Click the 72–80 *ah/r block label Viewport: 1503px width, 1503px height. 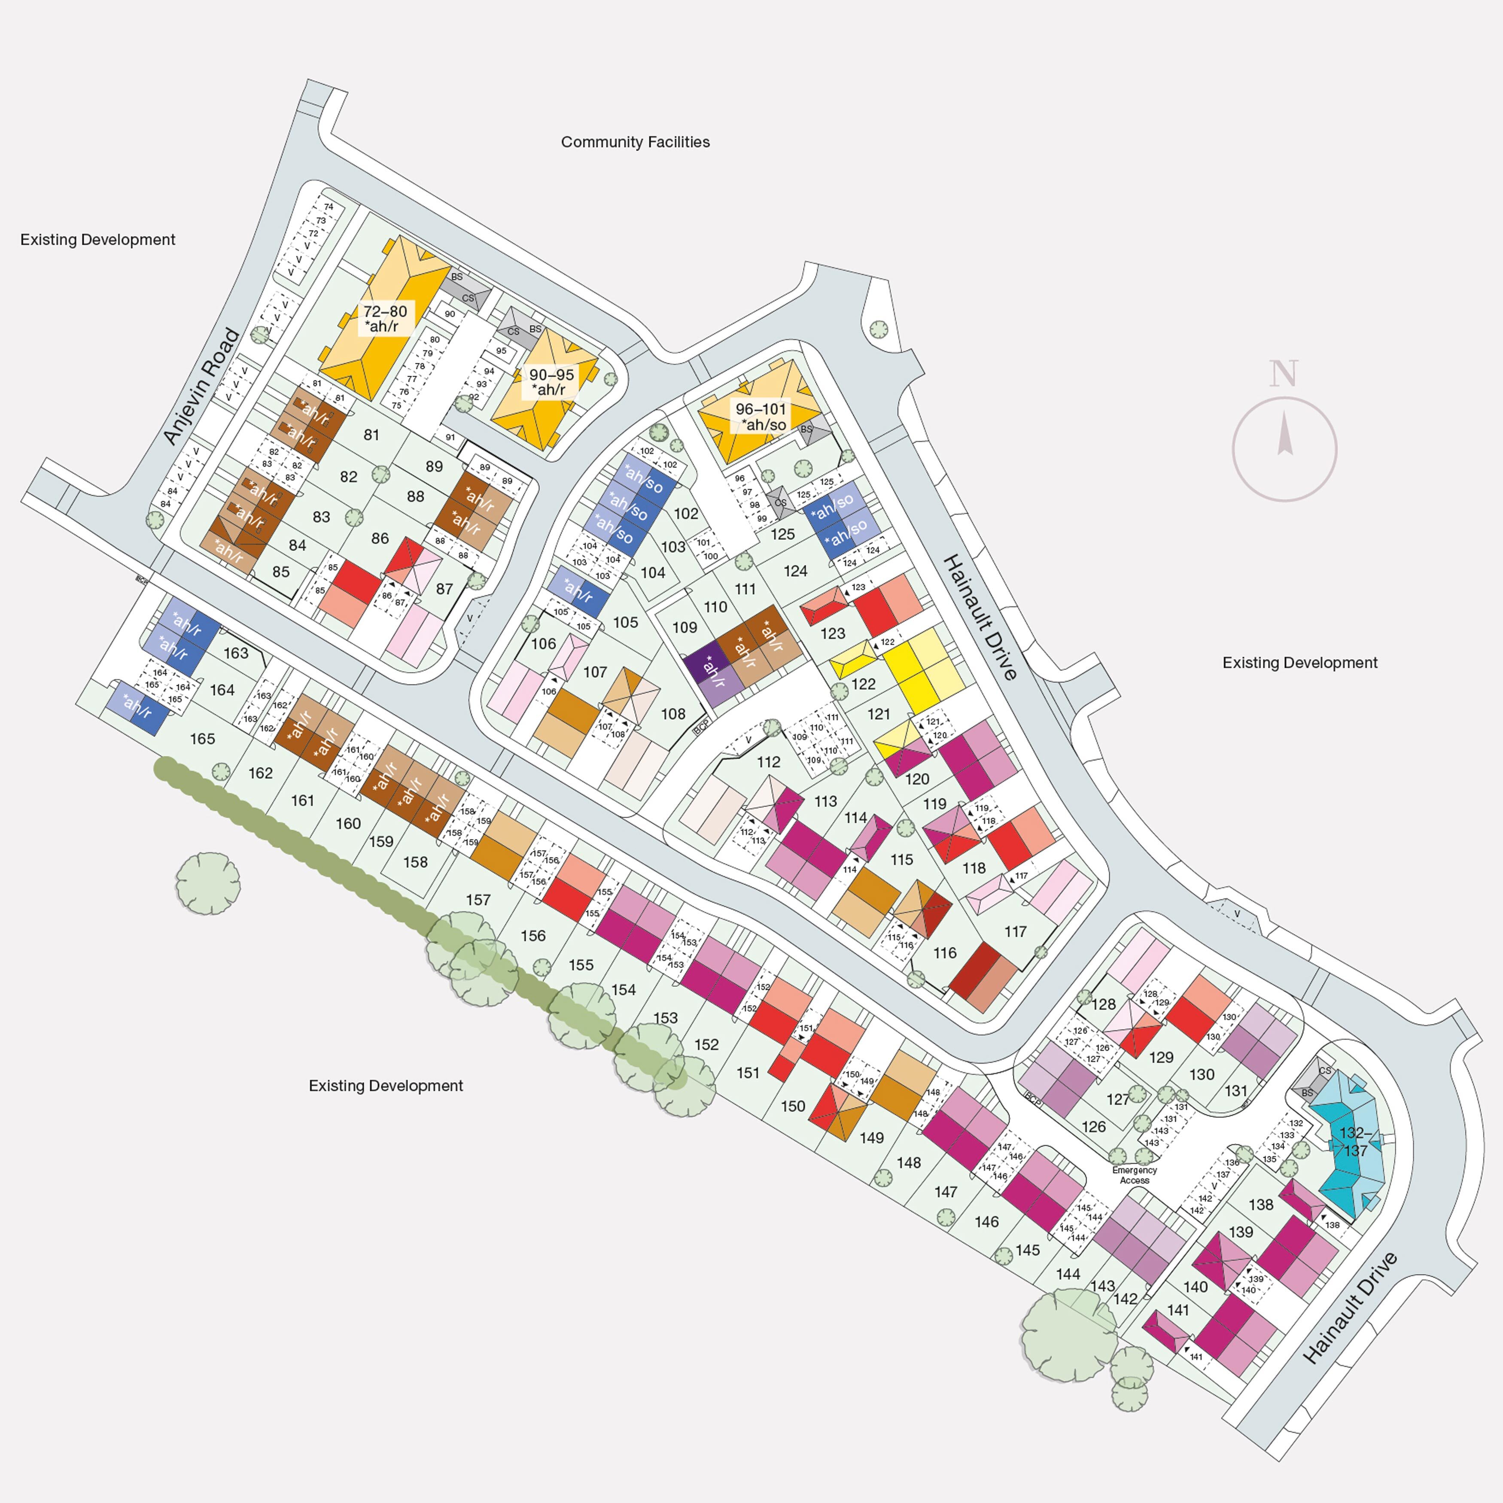[x=384, y=319]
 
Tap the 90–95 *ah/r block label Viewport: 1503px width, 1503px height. [x=551, y=382]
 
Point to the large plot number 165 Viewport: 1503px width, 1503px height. [x=202, y=739]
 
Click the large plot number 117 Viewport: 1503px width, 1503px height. [x=1015, y=931]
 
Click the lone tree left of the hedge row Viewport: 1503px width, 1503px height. [x=208, y=883]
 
